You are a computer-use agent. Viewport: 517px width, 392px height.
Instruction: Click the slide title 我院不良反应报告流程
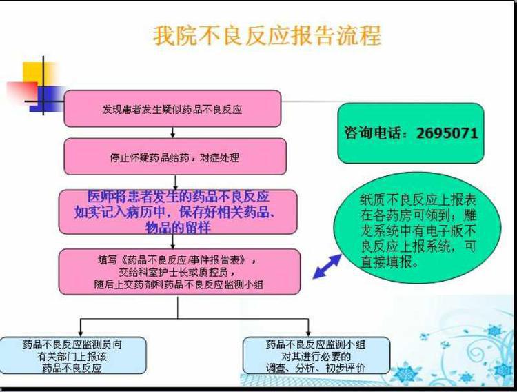click(x=267, y=35)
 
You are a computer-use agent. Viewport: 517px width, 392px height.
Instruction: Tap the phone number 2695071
click(x=447, y=133)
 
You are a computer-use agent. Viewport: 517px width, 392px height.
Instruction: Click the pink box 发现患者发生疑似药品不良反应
click(x=172, y=108)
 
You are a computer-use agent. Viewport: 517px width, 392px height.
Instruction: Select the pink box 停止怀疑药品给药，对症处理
click(x=175, y=157)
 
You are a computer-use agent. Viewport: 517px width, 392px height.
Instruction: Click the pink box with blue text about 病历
click(x=178, y=212)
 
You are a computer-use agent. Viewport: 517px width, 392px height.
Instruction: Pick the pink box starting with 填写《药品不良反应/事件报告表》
click(x=180, y=271)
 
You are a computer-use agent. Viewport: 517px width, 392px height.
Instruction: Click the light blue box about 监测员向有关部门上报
click(x=73, y=355)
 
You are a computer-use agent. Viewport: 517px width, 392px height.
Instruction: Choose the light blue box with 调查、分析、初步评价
click(x=316, y=355)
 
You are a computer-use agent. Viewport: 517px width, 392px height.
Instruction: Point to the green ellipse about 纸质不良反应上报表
click(x=418, y=228)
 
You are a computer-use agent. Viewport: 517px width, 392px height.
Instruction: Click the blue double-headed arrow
click(x=327, y=266)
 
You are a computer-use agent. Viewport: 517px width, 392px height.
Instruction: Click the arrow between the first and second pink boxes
click(x=172, y=133)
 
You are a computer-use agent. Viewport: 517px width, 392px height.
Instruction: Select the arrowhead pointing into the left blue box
click(x=80, y=333)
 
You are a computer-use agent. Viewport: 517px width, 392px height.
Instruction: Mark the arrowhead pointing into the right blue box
click(x=308, y=333)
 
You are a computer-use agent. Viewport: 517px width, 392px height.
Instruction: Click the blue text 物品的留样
click(x=178, y=228)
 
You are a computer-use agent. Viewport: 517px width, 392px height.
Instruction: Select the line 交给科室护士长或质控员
click(x=176, y=272)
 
